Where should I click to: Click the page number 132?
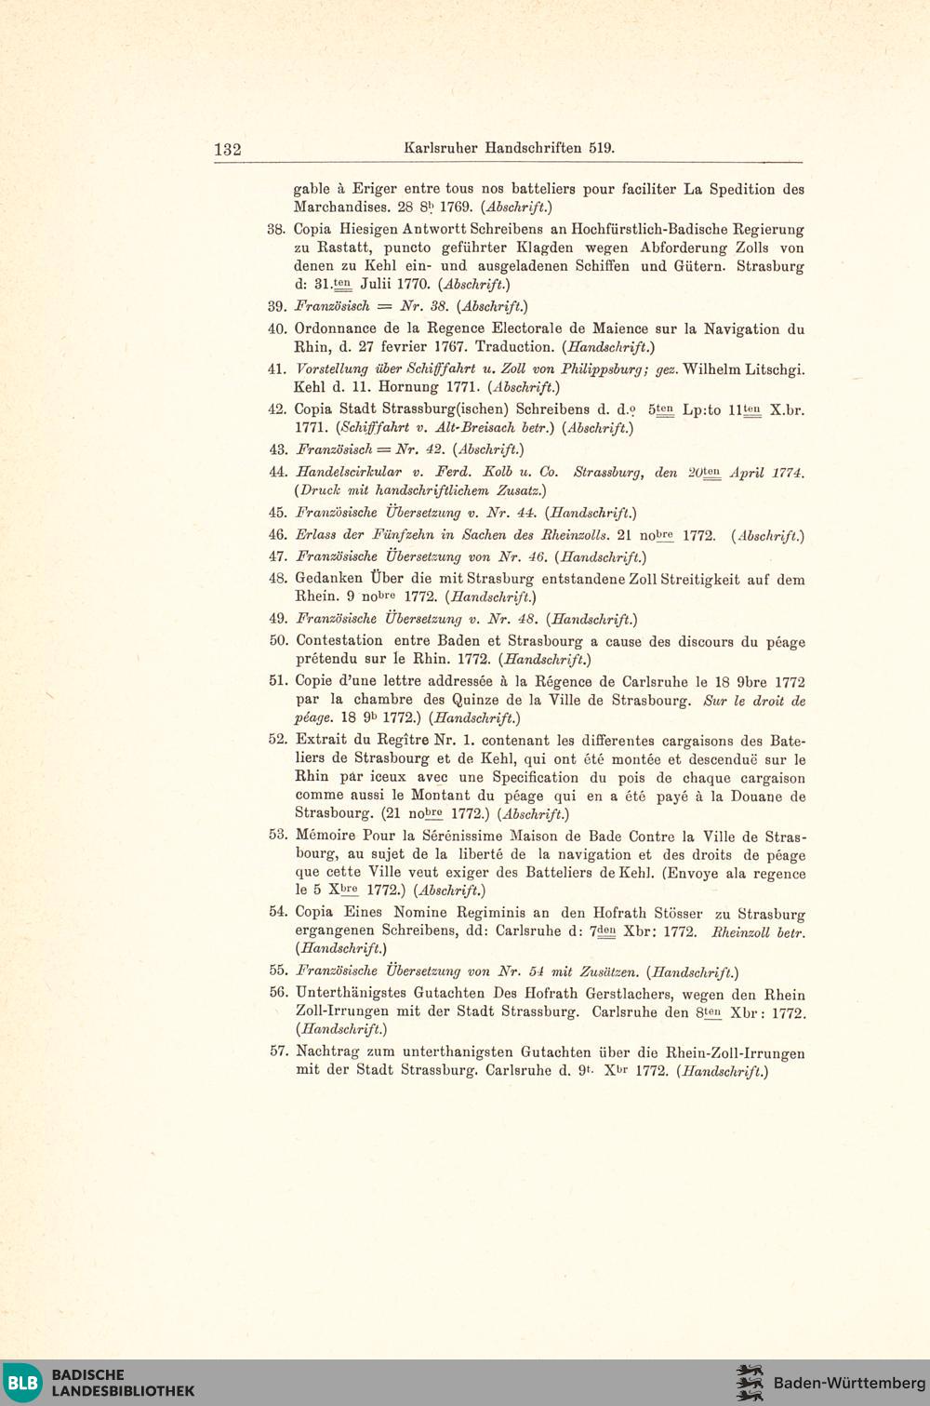click(228, 150)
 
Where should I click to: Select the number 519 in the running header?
click(601, 148)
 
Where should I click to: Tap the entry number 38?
click(275, 229)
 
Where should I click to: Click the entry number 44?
click(277, 473)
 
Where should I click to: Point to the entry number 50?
click(278, 640)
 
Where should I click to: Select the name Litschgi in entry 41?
click(775, 369)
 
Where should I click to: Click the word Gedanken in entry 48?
click(328, 579)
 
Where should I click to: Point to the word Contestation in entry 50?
click(339, 641)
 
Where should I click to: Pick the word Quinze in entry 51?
click(474, 700)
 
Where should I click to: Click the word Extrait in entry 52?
click(321, 741)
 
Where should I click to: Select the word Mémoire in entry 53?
click(325, 836)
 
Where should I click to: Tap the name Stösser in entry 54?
click(677, 914)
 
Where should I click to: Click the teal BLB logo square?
click(23, 1383)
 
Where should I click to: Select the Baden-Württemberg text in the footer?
click(849, 1384)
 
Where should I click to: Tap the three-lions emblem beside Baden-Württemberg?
click(750, 1383)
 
